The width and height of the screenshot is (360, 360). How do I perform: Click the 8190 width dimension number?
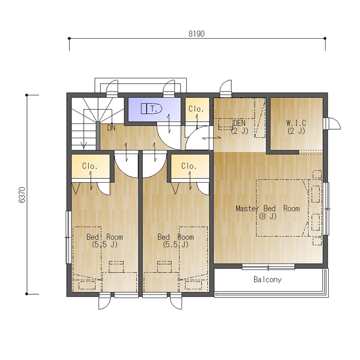click(x=196, y=34)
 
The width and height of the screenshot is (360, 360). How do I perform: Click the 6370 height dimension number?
click(x=22, y=195)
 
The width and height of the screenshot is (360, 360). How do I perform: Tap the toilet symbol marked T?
click(x=151, y=109)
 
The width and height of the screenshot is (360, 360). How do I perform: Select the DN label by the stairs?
click(x=111, y=128)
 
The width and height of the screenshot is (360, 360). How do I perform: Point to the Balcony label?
click(x=267, y=280)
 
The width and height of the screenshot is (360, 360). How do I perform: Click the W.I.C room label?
click(x=296, y=127)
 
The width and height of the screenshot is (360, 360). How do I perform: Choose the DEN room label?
click(x=239, y=127)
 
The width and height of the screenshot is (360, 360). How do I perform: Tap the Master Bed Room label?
click(x=268, y=212)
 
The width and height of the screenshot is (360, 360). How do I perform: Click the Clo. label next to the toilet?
click(x=196, y=109)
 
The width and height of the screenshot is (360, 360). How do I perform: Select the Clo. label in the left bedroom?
click(x=90, y=166)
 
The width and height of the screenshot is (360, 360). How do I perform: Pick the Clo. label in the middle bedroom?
click(x=189, y=166)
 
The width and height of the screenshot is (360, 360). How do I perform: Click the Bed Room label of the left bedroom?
click(x=105, y=240)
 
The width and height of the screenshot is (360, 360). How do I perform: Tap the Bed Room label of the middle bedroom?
click(x=176, y=240)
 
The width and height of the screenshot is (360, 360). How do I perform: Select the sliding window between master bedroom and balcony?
click(x=268, y=267)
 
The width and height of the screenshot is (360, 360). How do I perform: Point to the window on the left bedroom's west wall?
click(x=68, y=237)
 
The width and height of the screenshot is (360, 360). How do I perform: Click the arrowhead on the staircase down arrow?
click(x=84, y=145)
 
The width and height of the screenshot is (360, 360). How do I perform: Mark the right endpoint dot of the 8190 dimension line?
click(x=325, y=38)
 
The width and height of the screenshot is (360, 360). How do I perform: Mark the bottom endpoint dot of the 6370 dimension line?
click(x=26, y=294)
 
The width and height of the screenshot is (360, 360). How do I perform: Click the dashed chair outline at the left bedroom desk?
click(x=116, y=266)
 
